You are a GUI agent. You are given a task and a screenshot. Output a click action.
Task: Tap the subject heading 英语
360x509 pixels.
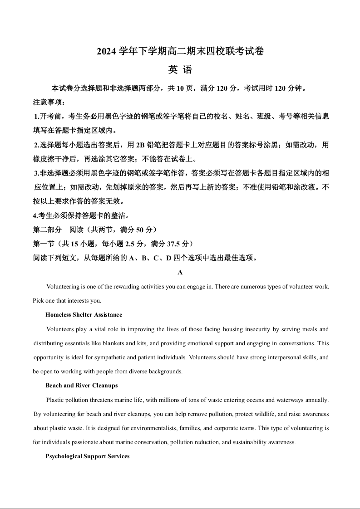point(180,70)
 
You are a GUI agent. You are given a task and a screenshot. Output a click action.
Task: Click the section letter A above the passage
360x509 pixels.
point(180,272)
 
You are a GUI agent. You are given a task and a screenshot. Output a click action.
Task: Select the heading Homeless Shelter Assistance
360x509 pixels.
point(84,314)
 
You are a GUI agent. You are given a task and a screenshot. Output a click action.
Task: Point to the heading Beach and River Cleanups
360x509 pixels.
point(81,385)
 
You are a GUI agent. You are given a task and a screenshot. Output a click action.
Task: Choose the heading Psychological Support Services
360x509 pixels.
point(87,456)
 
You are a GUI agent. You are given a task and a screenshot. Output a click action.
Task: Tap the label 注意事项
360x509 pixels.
point(45,102)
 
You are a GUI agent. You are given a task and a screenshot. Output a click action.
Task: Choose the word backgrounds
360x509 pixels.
point(166,371)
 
